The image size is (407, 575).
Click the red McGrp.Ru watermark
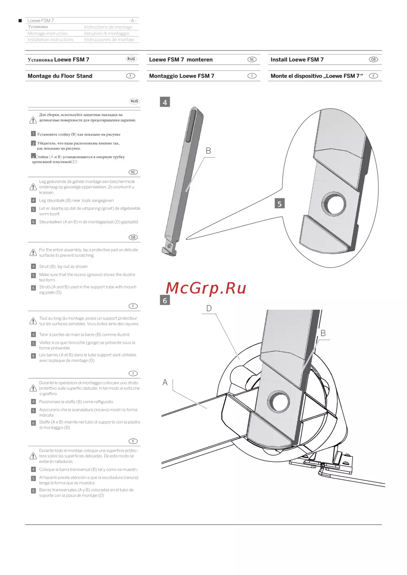[206, 288]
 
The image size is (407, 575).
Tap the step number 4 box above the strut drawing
[165, 102]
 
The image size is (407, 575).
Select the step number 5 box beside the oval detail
[280, 204]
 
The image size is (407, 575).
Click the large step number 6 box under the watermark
[165, 300]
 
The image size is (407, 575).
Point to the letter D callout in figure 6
[209, 308]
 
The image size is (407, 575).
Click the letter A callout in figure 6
[165, 382]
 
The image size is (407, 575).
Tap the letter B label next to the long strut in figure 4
[208, 151]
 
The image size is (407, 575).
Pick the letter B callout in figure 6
[323, 333]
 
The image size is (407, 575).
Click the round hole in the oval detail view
[333, 204]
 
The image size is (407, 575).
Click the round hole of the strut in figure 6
[279, 402]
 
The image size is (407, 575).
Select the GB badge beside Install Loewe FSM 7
[373, 59]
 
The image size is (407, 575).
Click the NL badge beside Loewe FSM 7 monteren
[252, 59]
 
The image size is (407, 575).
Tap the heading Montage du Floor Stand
[60, 76]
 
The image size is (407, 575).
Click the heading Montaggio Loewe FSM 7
[182, 76]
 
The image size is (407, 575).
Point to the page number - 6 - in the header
[133, 20]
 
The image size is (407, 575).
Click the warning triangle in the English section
[33, 253]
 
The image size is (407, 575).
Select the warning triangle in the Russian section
[33, 120]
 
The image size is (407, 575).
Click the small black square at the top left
[20, 20]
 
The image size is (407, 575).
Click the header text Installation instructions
[50, 39]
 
